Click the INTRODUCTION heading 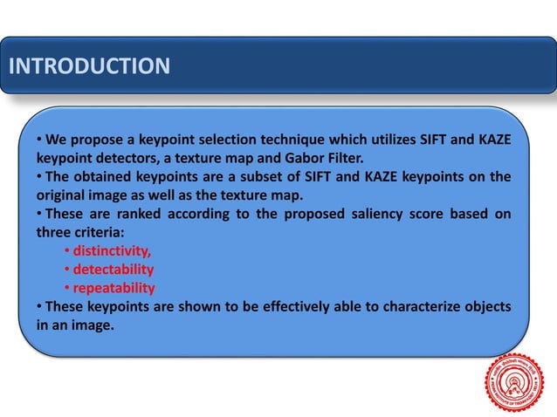coord(88,66)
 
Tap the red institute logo coord(513,381)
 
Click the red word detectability coord(113,270)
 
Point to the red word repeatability coord(114,288)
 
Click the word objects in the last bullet coord(485,306)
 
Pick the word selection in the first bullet coord(230,140)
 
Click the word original coord(63,195)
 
